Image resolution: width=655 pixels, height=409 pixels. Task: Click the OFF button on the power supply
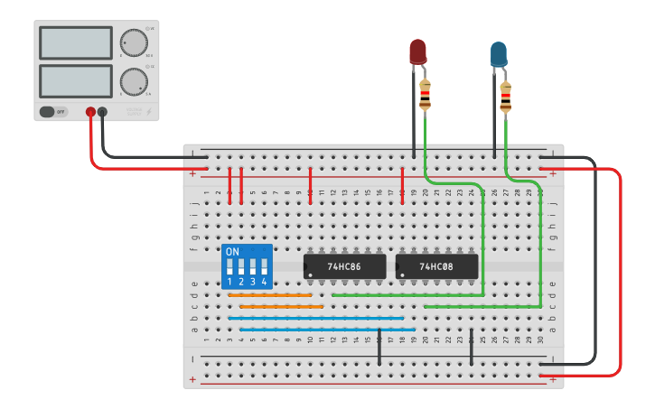point(53,112)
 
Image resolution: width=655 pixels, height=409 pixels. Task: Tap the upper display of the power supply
point(76,43)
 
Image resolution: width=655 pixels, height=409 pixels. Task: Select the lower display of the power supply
point(76,80)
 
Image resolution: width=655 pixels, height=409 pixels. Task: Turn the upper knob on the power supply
point(134,43)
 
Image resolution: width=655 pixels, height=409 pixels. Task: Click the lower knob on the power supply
point(134,81)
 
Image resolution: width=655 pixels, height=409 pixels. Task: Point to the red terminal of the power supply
point(90,112)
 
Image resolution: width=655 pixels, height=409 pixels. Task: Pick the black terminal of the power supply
point(102,112)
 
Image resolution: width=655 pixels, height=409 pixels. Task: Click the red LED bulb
point(417,51)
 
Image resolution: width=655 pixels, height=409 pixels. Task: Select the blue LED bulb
point(498,54)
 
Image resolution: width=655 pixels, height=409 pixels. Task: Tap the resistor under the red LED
point(425,95)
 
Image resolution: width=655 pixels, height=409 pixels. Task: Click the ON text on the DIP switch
point(232,251)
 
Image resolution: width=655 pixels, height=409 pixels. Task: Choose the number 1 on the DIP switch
point(229,282)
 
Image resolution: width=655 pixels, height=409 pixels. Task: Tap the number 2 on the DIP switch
point(241,282)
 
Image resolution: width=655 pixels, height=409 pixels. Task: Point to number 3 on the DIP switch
point(253,282)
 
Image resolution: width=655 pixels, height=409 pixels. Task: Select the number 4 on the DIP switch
point(264,282)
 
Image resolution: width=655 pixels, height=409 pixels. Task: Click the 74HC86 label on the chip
point(343,267)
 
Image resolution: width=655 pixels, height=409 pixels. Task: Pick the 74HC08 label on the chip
point(436,267)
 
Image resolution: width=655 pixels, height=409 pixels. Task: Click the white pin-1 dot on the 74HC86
point(309,274)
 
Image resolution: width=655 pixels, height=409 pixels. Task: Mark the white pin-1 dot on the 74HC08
point(401,274)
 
